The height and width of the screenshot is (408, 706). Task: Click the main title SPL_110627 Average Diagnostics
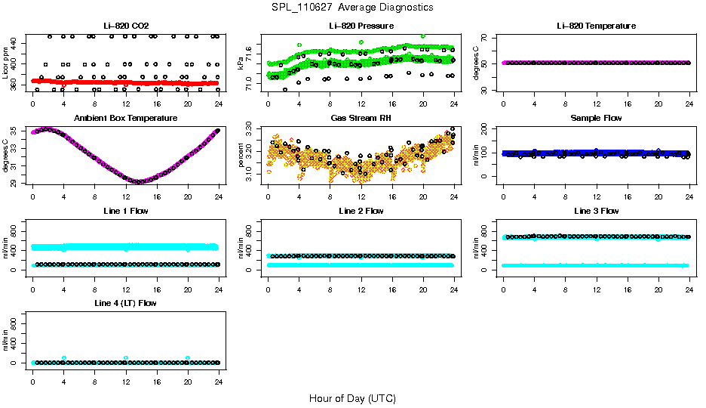click(353, 8)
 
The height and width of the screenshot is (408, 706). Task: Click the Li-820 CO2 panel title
click(125, 26)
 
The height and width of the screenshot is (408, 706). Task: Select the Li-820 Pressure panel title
click(361, 26)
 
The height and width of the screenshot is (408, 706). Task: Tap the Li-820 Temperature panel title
click(596, 26)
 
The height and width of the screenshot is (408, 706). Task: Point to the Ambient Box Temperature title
click(125, 119)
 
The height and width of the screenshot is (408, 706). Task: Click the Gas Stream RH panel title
click(361, 119)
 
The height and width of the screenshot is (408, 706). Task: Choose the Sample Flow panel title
click(596, 119)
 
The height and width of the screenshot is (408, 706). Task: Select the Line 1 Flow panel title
click(125, 211)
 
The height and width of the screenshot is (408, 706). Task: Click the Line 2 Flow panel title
click(361, 211)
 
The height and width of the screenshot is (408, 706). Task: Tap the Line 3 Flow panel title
click(596, 211)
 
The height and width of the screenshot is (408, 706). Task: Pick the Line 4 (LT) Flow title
click(125, 303)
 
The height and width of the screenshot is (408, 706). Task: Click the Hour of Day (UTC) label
click(352, 398)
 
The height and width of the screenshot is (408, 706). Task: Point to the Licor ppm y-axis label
click(6, 63)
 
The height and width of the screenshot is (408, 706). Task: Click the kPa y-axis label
click(241, 63)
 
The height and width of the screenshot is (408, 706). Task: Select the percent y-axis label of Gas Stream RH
click(241, 156)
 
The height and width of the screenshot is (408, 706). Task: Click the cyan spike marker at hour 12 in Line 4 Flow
click(126, 358)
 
